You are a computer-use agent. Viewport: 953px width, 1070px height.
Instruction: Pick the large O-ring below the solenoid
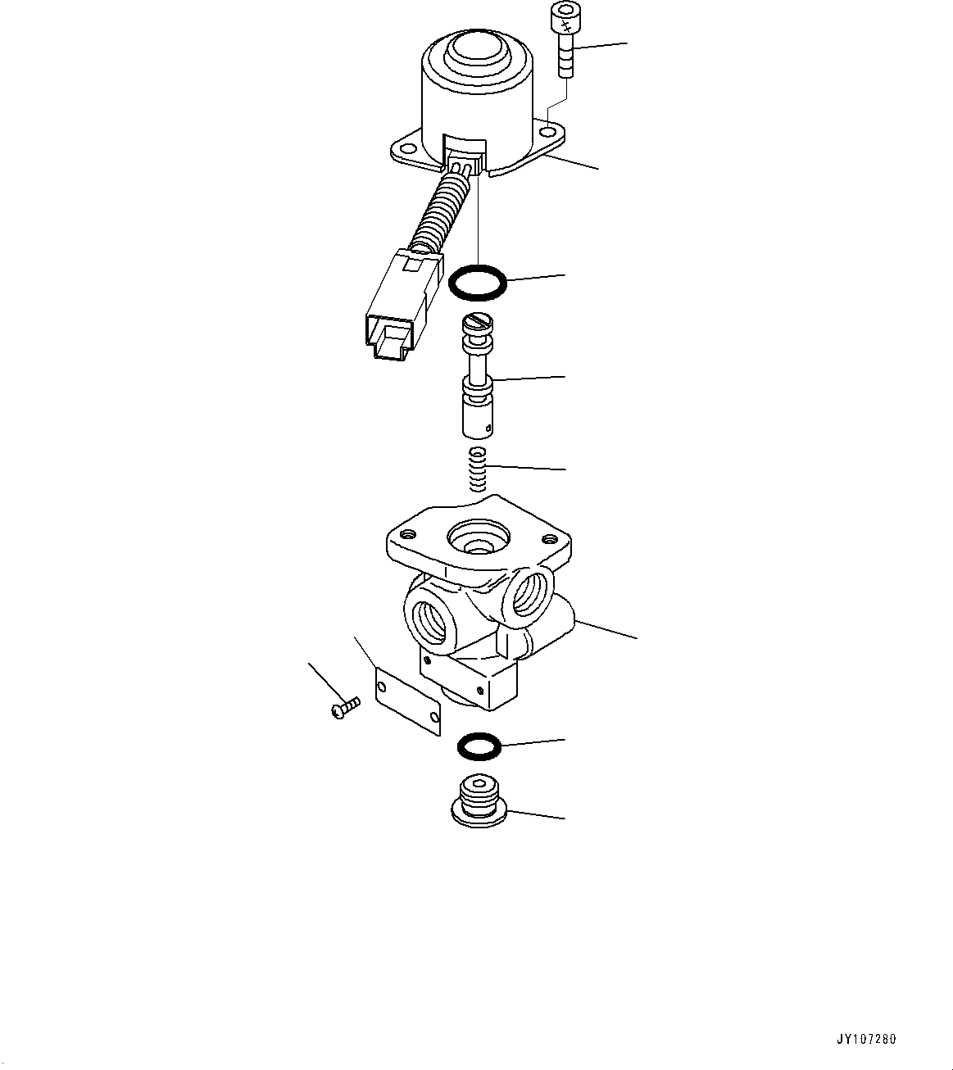478,282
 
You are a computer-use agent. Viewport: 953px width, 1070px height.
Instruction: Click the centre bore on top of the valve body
477,540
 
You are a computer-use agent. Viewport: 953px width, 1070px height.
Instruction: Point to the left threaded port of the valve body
431,619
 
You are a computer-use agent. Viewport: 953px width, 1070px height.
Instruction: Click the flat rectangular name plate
407,698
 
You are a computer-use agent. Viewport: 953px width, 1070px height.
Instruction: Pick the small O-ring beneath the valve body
478,746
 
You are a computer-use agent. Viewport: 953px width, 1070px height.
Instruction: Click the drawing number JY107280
866,1040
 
